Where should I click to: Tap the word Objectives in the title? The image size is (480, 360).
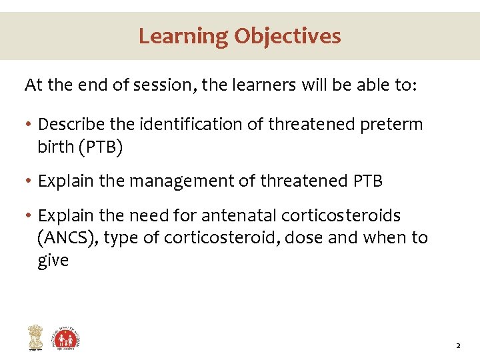point(287,35)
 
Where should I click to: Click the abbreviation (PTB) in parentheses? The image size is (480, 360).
point(100,147)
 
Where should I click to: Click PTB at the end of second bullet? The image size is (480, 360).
point(365,181)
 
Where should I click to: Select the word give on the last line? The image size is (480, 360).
point(53,261)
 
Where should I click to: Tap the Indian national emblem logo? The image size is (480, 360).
point(34,337)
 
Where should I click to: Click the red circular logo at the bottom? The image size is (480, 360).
point(67,338)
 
